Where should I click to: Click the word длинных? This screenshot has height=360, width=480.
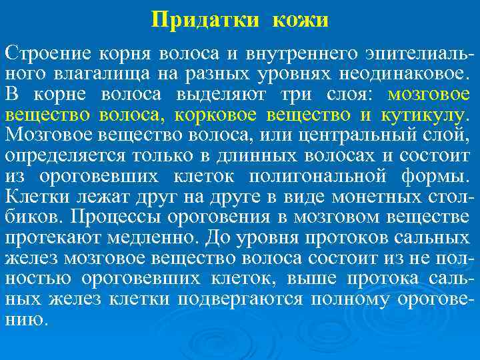[235, 156]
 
